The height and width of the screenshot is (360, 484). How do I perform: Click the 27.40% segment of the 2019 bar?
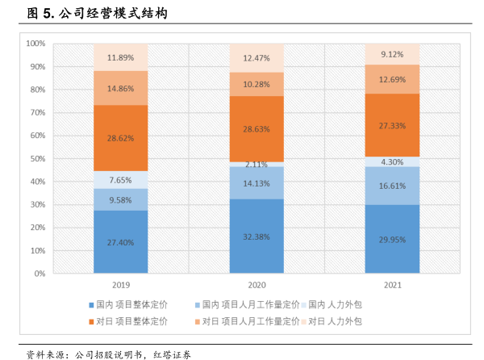tap(120, 242)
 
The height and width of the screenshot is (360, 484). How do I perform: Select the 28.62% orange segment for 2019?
tap(120, 138)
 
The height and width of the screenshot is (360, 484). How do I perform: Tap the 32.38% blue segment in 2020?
tap(257, 237)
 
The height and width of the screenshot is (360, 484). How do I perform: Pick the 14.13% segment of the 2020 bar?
tap(257, 182)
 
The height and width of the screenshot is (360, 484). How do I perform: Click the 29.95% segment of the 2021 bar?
tap(392, 239)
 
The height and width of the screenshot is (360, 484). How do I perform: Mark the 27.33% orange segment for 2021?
tap(392, 125)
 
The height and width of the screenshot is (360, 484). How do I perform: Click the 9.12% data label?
tap(392, 54)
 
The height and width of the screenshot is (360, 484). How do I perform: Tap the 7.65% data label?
tap(120, 180)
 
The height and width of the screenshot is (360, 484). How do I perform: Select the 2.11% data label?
tap(257, 165)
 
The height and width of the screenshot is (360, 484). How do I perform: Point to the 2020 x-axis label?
tap(257, 285)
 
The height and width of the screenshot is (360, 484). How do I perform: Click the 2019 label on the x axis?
tap(120, 285)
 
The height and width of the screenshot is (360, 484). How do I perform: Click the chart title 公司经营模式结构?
tap(113, 14)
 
